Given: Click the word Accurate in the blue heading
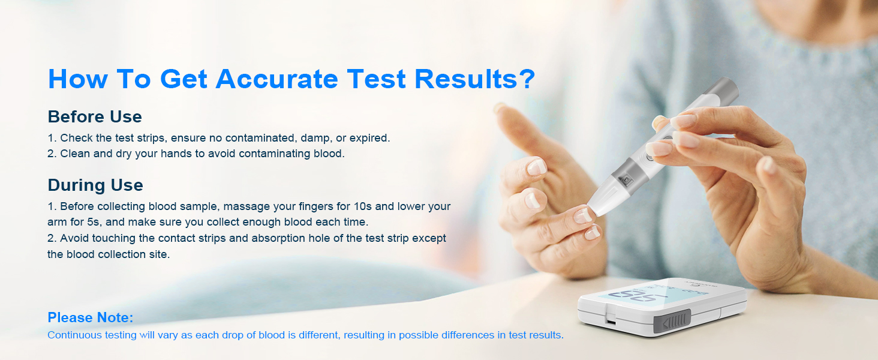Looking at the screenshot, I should (x=277, y=79).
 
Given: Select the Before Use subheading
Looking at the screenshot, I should (x=95, y=116).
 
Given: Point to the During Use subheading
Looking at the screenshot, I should (x=95, y=185).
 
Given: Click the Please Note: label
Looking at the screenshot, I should (x=90, y=317).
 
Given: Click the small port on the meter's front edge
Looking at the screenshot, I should (x=611, y=322).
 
